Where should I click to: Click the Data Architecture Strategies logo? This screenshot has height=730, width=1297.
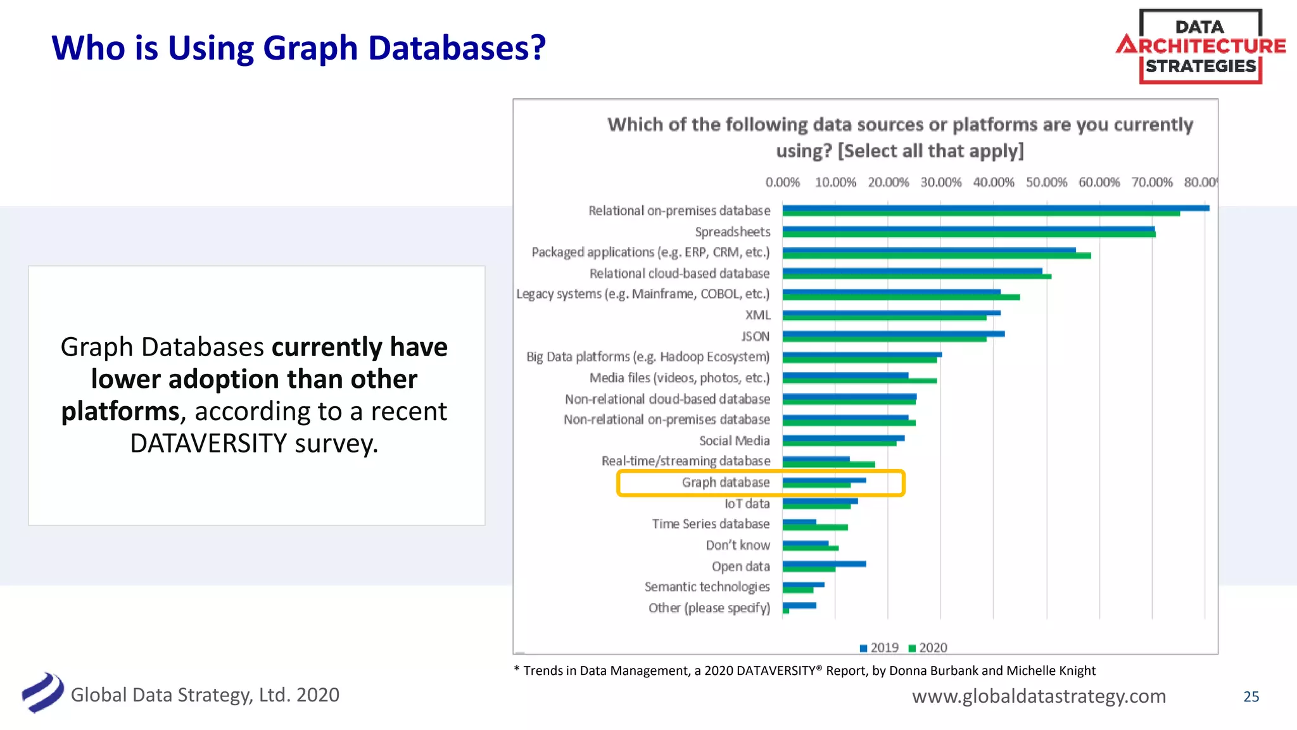coord(1200,46)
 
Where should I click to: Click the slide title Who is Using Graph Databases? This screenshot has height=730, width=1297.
coord(298,48)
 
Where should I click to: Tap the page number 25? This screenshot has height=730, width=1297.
coord(1251,696)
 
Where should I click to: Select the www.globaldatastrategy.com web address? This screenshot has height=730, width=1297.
coord(1039,696)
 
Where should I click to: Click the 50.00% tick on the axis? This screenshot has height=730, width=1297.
coord(1046,182)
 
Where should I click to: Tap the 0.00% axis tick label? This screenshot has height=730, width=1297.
coord(782,182)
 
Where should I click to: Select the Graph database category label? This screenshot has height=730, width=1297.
coord(726,482)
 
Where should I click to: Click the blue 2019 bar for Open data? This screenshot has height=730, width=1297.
coord(823,563)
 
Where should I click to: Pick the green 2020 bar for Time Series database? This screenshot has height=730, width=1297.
coord(814,527)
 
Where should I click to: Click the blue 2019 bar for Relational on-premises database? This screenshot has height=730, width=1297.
coord(994,208)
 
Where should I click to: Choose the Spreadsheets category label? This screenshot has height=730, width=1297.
coord(732,232)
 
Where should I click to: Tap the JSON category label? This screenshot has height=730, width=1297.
coord(756,336)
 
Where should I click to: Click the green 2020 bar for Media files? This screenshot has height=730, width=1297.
coord(859,381)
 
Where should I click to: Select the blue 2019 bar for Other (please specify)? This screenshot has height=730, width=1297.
coord(799,605)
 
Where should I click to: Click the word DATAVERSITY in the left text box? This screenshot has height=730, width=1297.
coord(209,444)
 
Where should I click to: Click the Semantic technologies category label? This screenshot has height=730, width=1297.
coord(707,587)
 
